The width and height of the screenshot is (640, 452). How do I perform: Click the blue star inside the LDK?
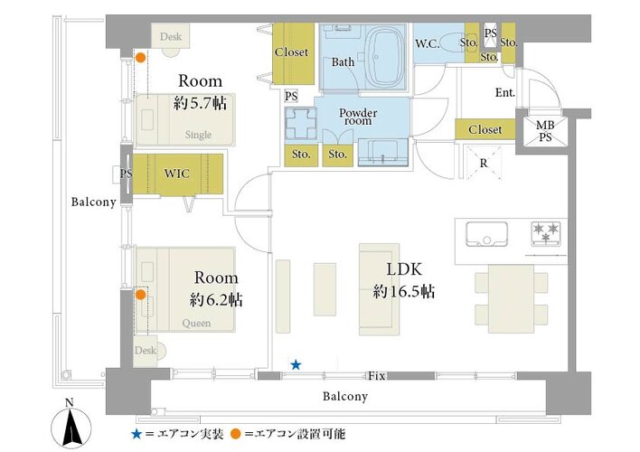pos(296,364)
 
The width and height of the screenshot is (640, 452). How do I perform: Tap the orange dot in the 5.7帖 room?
pos(140,58)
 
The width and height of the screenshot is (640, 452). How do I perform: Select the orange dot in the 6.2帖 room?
pos(140,295)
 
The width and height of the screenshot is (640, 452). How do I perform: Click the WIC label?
pos(177,174)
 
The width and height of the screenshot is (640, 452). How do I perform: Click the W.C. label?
pos(428,43)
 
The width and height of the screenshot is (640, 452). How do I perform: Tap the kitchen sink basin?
pos(486,233)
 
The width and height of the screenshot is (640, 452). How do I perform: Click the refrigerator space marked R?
pos(484,163)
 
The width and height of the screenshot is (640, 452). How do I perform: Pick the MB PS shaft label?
pos(545,131)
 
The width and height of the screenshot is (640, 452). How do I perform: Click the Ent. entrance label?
pos(505,93)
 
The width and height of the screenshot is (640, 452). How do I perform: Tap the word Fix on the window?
pos(376,376)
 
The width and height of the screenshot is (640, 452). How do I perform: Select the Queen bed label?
pos(196,324)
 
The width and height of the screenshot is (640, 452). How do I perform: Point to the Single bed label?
pos(198,135)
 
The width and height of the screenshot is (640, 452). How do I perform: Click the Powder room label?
pos(358,117)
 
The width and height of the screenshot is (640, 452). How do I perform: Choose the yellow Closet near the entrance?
pos(485,129)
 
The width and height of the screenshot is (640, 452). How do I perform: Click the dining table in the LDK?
pos(511,299)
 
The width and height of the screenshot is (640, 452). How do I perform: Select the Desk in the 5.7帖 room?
pos(171,36)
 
